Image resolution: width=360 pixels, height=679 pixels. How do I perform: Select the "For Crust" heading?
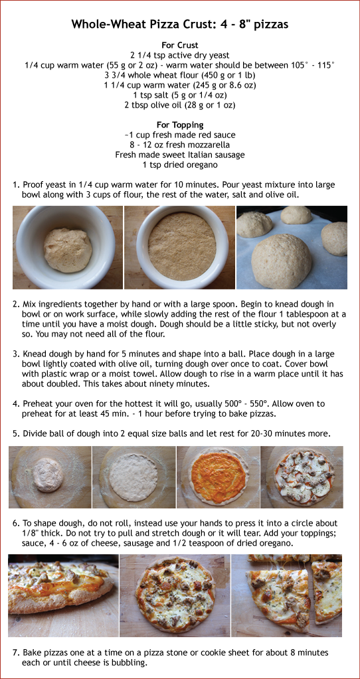[x=180, y=45]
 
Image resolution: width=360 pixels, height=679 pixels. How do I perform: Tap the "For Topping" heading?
[x=180, y=125]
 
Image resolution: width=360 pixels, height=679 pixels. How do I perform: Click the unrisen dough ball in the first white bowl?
[x=67, y=250]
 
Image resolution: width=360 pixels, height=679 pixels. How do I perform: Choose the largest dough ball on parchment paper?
[x=282, y=260]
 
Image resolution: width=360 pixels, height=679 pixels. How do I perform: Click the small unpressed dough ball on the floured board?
[x=48, y=475]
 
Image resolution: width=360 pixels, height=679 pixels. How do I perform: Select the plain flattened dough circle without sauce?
[x=133, y=477]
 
